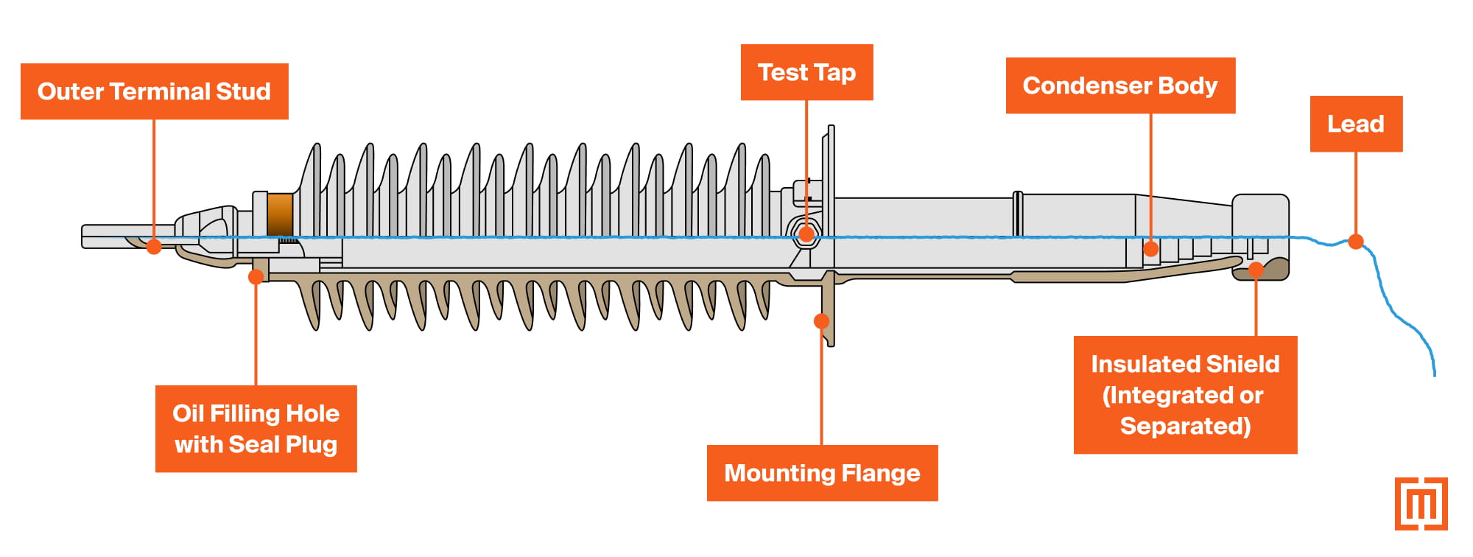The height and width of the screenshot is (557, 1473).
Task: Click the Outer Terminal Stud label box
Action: click(154, 91)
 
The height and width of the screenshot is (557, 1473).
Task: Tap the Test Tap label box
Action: click(806, 72)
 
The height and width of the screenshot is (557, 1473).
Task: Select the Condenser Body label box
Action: click(1119, 85)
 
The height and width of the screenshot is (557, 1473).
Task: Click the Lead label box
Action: click(1355, 124)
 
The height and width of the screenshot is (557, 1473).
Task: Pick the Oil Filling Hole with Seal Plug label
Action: click(256, 429)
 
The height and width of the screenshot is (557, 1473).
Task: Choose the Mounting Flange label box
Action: click(822, 473)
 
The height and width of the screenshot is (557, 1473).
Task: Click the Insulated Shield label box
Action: click(1184, 395)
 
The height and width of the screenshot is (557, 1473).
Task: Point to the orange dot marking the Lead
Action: click(1355, 241)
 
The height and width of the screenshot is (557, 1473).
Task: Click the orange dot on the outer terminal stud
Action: click(154, 247)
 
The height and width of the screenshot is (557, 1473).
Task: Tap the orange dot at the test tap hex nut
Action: click(806, 235)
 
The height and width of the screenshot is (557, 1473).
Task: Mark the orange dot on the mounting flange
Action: click(821, 321)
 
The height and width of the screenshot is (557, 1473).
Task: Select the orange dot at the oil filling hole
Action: click(256, 277)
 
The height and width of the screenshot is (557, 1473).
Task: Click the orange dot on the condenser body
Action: click(1150, 249)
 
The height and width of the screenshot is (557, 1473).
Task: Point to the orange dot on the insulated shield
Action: click(1256, 270)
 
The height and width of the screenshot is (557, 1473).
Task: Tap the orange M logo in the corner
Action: click(1421, 504)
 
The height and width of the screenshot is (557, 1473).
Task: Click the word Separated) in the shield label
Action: click(1185, 426)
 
